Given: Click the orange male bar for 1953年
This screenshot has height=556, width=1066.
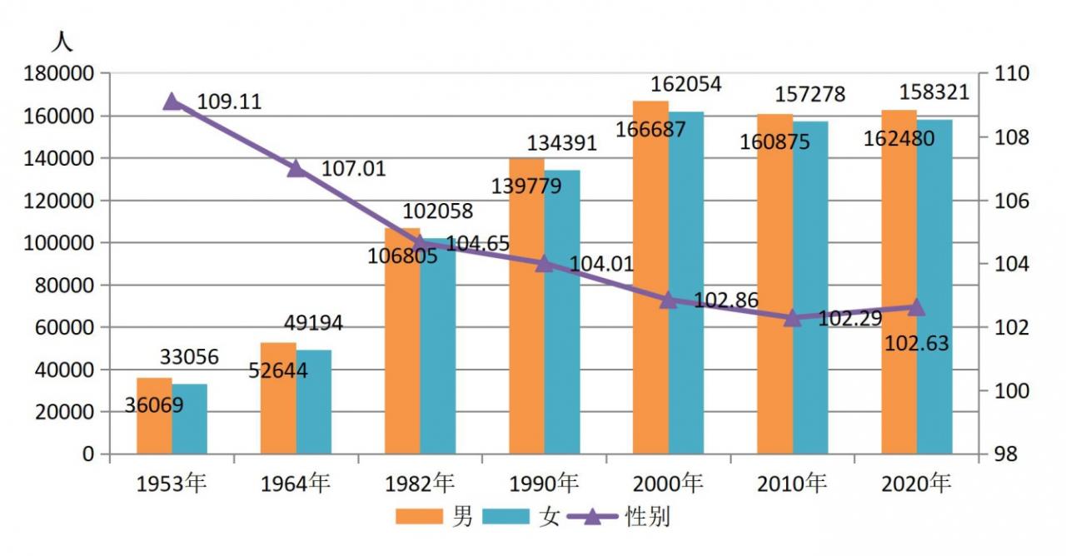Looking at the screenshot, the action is click(154, 415).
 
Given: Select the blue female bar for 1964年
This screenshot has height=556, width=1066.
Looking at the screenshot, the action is click(314, 402).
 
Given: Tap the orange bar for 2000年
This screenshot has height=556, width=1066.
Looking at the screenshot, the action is click(650, 277).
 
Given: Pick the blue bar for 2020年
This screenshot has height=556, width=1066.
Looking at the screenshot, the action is click(934, 287).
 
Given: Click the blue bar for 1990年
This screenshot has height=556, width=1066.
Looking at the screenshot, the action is click(562, 312).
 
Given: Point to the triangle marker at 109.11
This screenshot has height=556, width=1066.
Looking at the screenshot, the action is click(172, 102).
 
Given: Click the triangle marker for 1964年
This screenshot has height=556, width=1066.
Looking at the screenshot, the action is click(296, 168).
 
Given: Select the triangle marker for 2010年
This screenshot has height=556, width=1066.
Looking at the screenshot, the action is click(792, 318).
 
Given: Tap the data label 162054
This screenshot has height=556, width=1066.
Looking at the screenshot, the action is click(685, 84).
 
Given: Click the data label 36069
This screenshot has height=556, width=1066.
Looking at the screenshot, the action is click(154, 405).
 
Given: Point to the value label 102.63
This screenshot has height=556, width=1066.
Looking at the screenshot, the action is click(917, 344).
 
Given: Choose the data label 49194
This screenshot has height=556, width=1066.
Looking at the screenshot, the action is click(313, 324).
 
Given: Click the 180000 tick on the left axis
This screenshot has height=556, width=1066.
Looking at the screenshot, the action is click(58, 74).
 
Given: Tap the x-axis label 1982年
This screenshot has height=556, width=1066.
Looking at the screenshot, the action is click(419, 484).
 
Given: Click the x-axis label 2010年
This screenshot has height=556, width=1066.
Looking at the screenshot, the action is click(792, 484).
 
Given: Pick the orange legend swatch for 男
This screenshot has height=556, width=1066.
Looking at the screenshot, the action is click(419, 517).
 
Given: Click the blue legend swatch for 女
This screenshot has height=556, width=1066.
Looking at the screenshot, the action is click(506, 517).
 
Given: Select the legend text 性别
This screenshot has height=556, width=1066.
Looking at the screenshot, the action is click(647, 517).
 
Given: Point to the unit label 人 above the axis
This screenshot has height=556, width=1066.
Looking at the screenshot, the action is click(62, 42).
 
